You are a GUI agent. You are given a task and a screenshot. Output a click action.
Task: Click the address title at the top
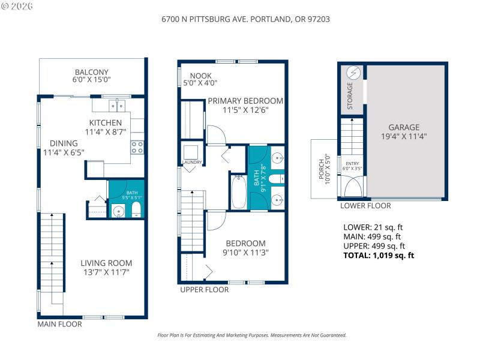(x=245, y=19)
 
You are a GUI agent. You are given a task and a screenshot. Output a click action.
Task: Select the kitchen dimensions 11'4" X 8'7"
(x=105, y=132)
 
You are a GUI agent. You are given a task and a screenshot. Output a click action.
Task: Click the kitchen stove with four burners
(x=137, y=147)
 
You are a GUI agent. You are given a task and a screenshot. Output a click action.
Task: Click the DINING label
(x=64, y=143)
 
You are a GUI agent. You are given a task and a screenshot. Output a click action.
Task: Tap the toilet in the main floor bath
(x=136, y=209)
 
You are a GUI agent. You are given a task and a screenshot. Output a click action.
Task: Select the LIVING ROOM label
(x=106, y=263)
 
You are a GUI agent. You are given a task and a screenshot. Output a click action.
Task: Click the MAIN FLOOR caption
(x=59, y=324)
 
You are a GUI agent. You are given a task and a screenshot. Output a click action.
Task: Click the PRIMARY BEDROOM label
(x=245, y=101)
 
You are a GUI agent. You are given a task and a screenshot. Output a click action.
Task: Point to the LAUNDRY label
(x=192, y=162)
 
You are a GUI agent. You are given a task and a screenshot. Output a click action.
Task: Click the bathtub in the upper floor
(x=238, y=191)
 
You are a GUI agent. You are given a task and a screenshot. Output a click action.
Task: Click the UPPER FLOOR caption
(x=204, y=289)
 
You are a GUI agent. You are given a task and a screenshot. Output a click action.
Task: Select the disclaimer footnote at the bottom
(x=251, y=335)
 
